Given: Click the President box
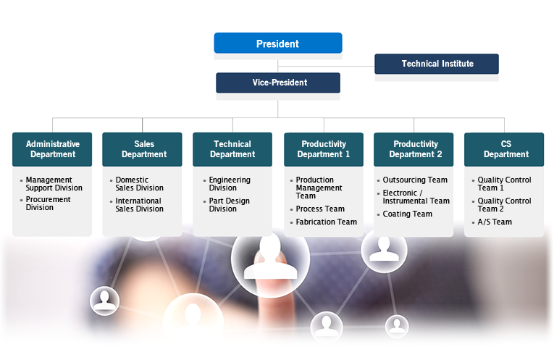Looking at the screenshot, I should [277, 43].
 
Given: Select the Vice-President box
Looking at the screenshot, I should [279, 83].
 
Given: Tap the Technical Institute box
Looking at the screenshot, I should [437, 64].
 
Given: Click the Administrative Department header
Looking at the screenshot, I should [52, 149].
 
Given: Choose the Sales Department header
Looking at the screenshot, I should [143, 149].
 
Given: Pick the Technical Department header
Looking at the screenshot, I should [232, 149].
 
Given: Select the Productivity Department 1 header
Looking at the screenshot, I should [324, 149].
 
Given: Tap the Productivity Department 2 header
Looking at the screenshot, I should [414, 149].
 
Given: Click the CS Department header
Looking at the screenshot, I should [505, 149].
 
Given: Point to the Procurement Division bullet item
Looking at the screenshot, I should [49, 204].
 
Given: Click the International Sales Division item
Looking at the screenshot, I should [140, 205].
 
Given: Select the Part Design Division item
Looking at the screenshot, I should [230, 205].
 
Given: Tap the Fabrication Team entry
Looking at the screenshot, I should [326, 222].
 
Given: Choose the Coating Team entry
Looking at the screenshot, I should [407, 214].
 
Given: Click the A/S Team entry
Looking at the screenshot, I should [495, 222].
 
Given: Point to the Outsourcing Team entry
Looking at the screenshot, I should [415, 180].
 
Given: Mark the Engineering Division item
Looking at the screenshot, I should [230, 184].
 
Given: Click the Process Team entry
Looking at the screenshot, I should [320, 209].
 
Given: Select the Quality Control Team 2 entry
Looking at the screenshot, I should [504, 205].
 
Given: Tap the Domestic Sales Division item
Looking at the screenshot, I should [140, 184].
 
